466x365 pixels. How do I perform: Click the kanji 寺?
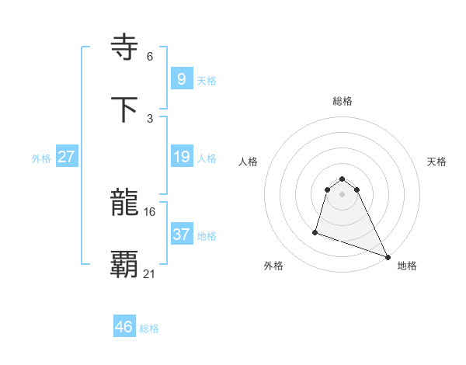(x=125, y=48)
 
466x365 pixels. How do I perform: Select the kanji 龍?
(x=125, y=203)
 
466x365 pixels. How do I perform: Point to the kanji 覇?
(x=125, y=264)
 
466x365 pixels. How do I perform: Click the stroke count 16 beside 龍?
(x=150, y=211)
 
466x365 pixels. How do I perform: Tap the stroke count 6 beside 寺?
(x=150, y=56)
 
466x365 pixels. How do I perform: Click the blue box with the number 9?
(x=181, y=78)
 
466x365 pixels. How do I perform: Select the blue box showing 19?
(x=181, y=157)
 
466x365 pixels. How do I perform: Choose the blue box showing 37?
(x=181, y=235)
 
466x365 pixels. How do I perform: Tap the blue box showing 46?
(x=124, y=327)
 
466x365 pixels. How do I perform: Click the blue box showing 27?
(x=66, y=157)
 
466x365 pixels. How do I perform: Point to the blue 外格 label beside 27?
(x=41, y=158)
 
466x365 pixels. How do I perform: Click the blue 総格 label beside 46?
(x=149, y=328)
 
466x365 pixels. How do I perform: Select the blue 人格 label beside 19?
(x=207, y=158)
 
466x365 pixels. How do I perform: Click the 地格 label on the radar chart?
(x=407, y=266)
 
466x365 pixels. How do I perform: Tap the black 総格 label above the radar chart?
(x=343, y=101)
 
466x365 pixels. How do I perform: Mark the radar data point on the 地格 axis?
(x=388, y=256)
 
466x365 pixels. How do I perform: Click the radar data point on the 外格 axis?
(x=315, y=231)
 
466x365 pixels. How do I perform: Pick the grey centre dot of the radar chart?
(x=342, y=193)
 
